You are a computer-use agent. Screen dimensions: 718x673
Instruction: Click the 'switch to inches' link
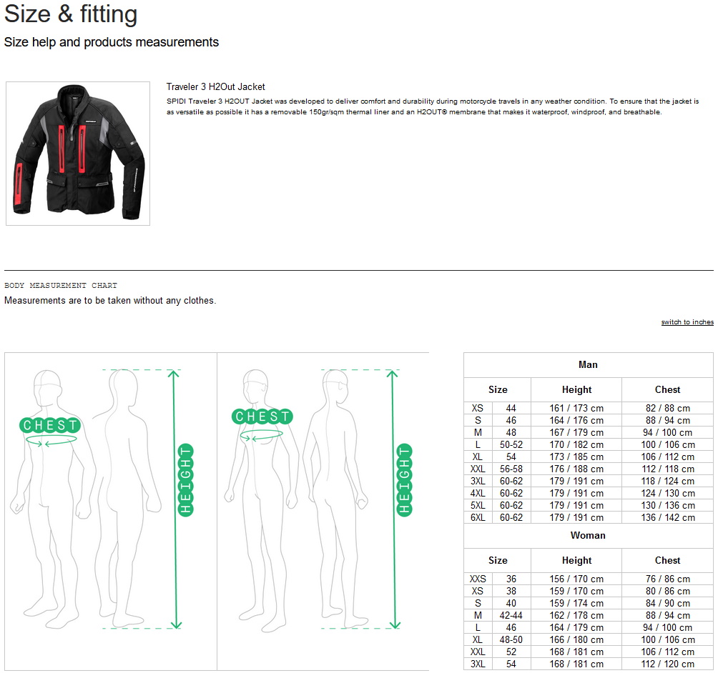click(687, 322)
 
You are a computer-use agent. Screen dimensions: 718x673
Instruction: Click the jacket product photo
click(78, 154)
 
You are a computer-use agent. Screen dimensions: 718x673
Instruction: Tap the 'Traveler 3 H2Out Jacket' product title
click(216, 87)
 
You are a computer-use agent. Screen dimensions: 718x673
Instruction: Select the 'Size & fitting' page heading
click(71, 14)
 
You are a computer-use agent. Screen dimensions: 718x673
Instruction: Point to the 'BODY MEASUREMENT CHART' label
click(61, 286)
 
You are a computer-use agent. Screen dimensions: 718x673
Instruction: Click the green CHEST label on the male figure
click(50, 425)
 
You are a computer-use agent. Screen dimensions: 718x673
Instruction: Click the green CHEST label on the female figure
click(262, 417)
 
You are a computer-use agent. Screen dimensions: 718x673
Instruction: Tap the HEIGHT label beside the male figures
click(185, 480)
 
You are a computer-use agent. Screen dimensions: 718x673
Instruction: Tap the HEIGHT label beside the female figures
click(404, 480)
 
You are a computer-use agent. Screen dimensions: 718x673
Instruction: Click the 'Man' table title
click(588, 364)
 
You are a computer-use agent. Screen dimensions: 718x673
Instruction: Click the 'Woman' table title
click(588, 535)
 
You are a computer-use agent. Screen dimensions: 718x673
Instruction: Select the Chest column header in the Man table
click(668, 390)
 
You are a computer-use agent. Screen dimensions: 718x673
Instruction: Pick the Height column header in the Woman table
click(577, 560)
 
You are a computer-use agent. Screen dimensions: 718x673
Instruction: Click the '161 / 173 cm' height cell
click(576, 408)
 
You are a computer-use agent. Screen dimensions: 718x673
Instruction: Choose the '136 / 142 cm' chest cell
click(668, 517)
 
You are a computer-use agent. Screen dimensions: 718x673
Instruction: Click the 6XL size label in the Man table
click(478, 517)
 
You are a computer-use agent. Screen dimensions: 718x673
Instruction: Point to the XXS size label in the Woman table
click(478, 579)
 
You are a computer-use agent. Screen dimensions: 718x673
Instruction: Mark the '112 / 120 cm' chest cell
click(668, 664)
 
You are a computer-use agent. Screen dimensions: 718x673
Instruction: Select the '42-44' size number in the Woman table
click(511, 615)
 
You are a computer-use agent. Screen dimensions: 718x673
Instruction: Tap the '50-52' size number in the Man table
click(511, 444)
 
